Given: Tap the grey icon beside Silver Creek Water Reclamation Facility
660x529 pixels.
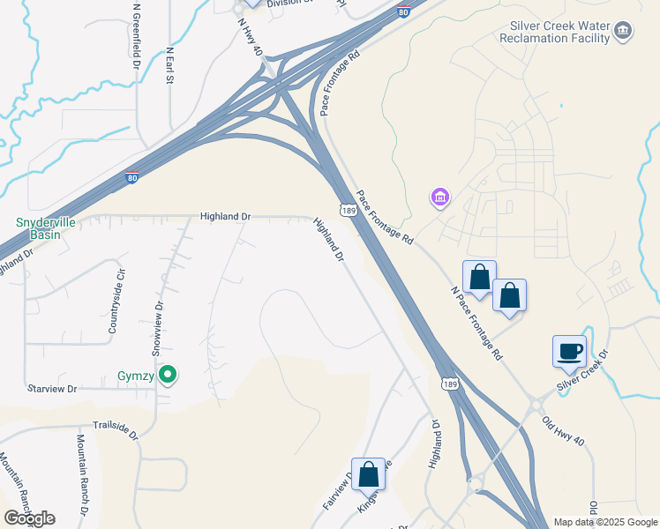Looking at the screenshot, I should point(623,33).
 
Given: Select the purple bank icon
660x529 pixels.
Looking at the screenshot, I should point(439,197).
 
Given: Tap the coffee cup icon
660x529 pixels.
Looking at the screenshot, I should point(568,351).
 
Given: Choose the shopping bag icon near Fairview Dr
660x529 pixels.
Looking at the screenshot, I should point(368,473).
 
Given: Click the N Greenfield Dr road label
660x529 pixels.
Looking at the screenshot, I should point(137,35).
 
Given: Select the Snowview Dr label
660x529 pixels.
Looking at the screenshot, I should point(160,328).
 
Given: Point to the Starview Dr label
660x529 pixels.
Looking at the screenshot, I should point(53,388).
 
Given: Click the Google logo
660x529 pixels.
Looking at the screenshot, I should point(29,518).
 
